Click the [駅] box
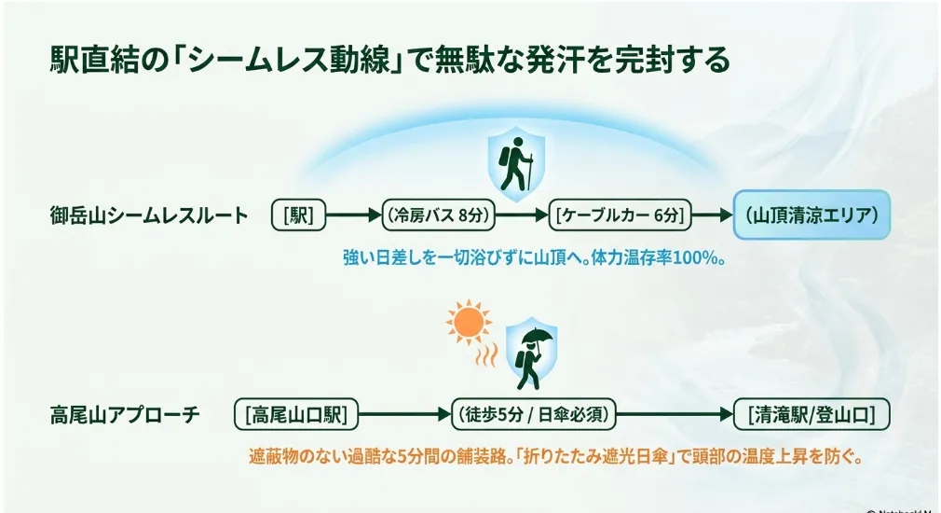click(298, 215)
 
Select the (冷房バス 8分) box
click(439, 215)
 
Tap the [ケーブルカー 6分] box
click(620, 215)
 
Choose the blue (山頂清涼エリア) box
click(812, 215)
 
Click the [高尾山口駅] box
click(296, 414)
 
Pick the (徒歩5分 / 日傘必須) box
click(534, 414)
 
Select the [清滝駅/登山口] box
click(812, 414)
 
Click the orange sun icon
click(469, 323)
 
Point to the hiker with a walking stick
click(516, 164)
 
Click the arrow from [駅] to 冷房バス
click(353, 215)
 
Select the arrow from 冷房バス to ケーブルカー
click(522, 215)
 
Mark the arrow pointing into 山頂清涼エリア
click(713, 215)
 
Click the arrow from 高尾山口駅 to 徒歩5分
click(404, 414)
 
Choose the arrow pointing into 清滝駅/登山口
click(675, 414)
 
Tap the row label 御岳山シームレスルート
click(149, 215)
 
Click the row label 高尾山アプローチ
click(125, 414)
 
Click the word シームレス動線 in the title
click(288, 60)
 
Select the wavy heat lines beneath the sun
click(486, 354)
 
